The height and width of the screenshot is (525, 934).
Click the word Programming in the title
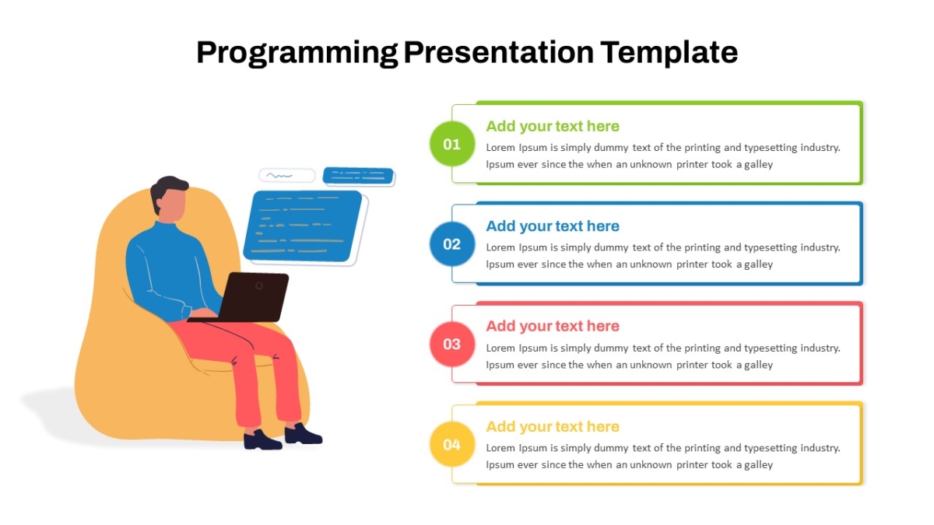[297, 53]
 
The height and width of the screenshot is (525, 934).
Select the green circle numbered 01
[452, 144]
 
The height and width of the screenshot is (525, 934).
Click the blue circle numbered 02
[452, 244]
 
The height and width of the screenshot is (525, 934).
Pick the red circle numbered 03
[452, 344]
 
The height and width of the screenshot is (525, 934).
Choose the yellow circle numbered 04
[452, 444]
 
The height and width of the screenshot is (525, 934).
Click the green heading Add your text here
[553, 126]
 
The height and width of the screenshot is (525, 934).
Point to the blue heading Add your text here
[553, 226]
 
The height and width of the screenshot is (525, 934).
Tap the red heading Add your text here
[553, 326]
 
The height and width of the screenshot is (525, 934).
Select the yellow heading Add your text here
[553, 427]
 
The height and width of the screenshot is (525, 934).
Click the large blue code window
[303, 226]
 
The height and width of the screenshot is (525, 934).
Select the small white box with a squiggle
[287, 176]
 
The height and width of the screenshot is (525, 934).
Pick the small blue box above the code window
[358, 176]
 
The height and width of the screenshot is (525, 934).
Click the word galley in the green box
[758, 165]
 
